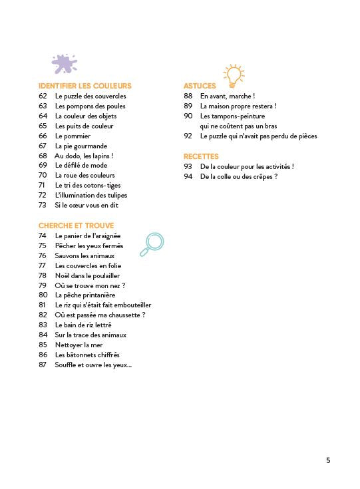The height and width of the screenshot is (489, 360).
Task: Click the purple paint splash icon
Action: click(x=65, y=65)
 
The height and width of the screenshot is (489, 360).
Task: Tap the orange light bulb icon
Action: click(x=233, y=76)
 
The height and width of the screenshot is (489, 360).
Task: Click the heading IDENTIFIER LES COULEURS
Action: click(x=85, y=86)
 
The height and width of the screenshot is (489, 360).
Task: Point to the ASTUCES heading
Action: click(x=200, y=86)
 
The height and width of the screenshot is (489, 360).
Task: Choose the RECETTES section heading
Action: click(x=201, y=156)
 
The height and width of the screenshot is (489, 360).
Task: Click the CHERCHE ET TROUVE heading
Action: click(x=76, y=226)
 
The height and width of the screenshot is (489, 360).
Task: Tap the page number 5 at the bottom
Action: click(x=328, y=460)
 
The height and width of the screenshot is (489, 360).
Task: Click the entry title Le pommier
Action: click(x=73, y=136)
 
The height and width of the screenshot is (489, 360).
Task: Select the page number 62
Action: click(x=43, y=96)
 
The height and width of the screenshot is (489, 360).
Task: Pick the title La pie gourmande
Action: click(x=81, y=146)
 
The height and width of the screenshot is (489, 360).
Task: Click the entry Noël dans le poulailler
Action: click(x=87, y=275)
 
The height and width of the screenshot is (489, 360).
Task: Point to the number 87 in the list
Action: click(x=43, y=365)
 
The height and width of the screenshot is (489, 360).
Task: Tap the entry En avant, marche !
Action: click(x=227, y=96)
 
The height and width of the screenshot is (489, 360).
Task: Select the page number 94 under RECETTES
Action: click(x=188, y=176)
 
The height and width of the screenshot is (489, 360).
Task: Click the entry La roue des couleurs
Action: click(x=85, y=176)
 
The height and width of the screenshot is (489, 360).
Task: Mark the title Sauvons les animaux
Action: click(x=85, y=255)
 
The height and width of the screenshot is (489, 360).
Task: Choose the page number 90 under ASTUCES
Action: click(x=188, y=116)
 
